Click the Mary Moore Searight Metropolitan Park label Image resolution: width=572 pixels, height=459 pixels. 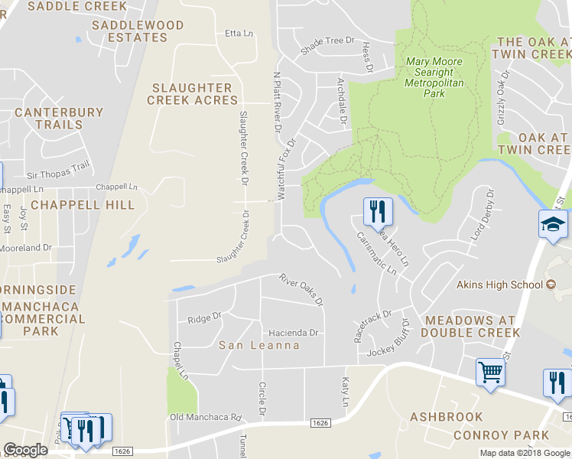[434, 77]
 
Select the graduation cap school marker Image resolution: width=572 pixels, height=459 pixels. [554, 224]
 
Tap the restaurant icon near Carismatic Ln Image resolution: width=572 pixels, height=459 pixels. [376, 212]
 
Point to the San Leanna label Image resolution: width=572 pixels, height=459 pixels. [259, 345]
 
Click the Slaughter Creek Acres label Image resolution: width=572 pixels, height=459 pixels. [193, 94]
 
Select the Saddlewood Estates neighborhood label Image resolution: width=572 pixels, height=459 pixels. [138, 31]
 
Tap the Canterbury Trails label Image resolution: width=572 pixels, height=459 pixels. [59, 118]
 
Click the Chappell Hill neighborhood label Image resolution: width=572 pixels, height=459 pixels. [83, 205]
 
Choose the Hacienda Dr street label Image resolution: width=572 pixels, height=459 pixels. [292, 333]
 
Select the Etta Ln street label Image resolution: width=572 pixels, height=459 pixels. [239, 34]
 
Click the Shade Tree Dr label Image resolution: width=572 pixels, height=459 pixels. [329, 46]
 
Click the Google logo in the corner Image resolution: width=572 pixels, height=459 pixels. [25, 450]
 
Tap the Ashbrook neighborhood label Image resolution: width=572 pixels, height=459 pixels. [447, 417]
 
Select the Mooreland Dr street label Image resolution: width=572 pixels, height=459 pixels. [25, 248]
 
